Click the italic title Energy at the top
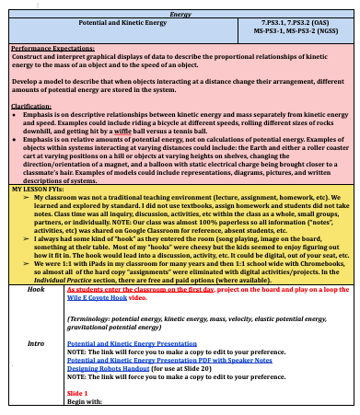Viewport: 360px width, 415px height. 180,14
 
